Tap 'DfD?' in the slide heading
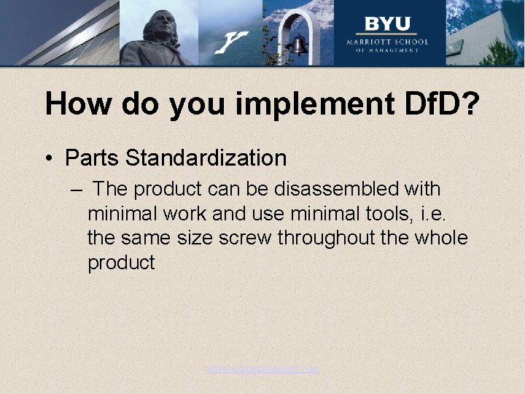click(440, 105)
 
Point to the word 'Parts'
click(90, 158)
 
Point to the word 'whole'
click(439, 239)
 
